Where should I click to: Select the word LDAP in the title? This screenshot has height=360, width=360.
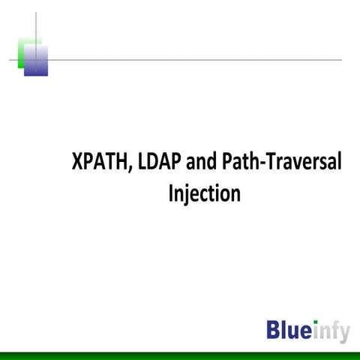pos(160,163)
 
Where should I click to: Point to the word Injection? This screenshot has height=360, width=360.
pos(204,193)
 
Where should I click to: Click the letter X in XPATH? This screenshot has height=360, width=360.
pos(77,163)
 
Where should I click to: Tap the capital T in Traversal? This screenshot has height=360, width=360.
pos(271,163)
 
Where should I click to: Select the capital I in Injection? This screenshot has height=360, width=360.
pos(172,193)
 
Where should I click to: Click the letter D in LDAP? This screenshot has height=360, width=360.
pos(156,163)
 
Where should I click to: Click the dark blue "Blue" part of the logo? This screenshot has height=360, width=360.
pos(289,330)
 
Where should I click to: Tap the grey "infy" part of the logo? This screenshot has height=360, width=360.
pos(331,331)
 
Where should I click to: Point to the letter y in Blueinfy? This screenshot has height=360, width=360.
pos(343,334)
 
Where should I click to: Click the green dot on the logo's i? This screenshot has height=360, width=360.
pos(316,322)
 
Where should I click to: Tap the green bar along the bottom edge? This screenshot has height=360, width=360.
pos(180,355)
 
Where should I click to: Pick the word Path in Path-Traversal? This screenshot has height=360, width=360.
pos(240,163)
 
